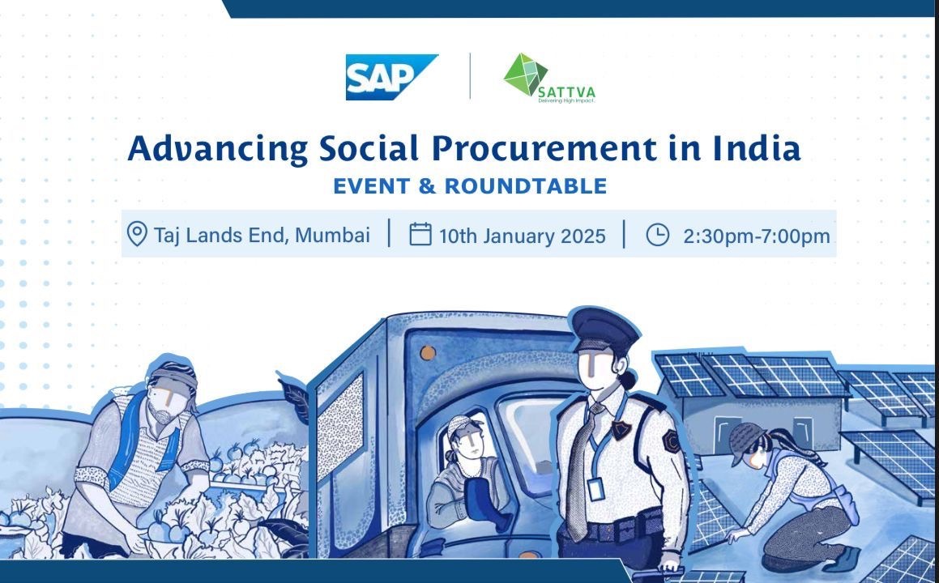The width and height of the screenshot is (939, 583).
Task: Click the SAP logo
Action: pyautogui.click(x=391, y=77)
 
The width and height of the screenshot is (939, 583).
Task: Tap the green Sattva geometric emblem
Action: pyautogui.click(x=525, y=74)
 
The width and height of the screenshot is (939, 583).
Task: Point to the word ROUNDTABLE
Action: pyautogui.click(x=525, y=186)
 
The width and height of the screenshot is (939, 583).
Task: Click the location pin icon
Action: pyautogui.click(x=137, y=234)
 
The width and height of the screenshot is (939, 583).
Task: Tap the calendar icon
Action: pyautogui.click(x=420, y=234)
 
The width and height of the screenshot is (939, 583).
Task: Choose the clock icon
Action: pyautogui.click(x=658, y=235)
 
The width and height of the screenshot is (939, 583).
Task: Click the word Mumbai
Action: pyautogui.click(x=332, y=235)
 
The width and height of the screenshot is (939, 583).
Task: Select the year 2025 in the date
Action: pyautogui.click(x=583, y=236)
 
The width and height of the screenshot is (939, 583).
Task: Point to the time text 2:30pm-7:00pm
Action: pyautogui.click(x=757, y=236)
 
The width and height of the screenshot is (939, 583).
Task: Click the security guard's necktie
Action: pyautogui.click(x=580, y=472)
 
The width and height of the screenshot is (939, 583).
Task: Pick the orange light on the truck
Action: pyautogui.click(x=428, y=353)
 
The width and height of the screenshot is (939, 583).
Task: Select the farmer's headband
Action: pyautogui.click(x=173, y=377)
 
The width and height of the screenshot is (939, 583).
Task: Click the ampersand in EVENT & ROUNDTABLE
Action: pyautogui.click(x=427, y=186)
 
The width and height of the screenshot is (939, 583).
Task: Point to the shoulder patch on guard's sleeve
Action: pyautogui.click(x=671, y=441)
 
